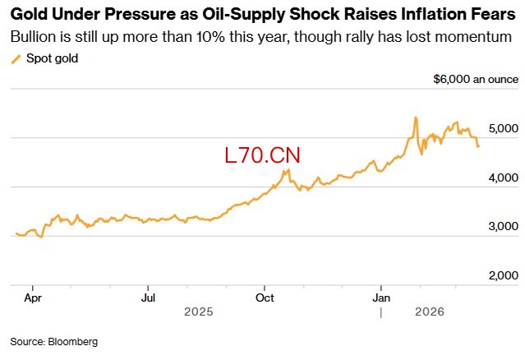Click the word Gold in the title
(28, 15)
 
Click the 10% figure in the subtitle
(214, 37)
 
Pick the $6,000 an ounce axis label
(476, 80)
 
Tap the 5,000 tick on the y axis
(502, 129)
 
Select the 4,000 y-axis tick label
(502, 178)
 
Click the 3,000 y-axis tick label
(502, 226)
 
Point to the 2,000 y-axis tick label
(502, 275)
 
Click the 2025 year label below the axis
(198, 312)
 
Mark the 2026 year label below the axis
(429, 312)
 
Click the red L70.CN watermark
(263, 155)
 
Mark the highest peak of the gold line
(416, 118)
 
